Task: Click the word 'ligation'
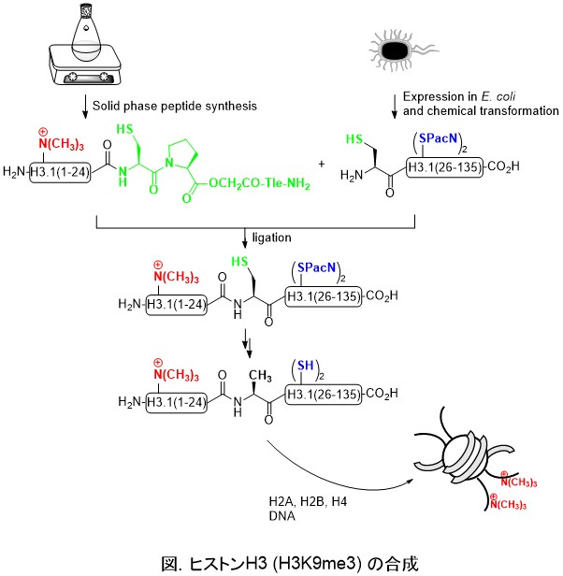tap(277, 238)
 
